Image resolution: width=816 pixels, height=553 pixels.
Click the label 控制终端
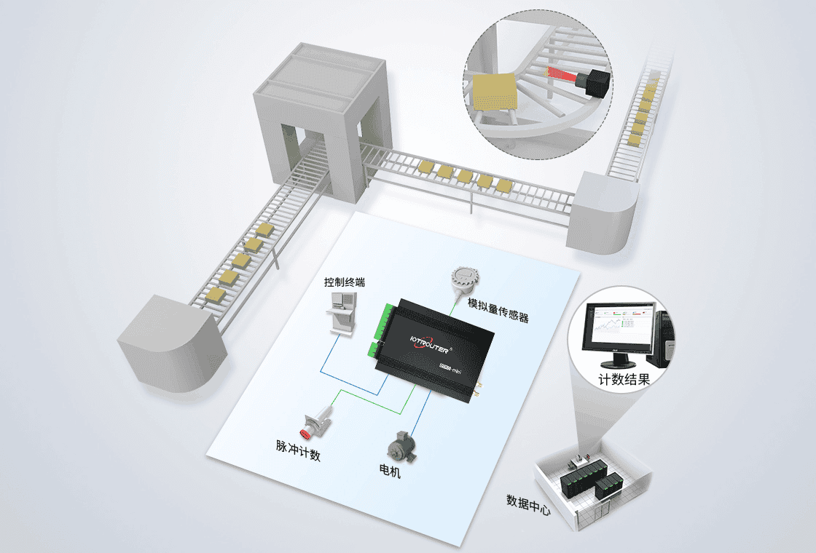coord(345,282)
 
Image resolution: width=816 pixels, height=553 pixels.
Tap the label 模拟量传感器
coord(498,310)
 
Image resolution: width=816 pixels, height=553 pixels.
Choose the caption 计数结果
coord(624,379)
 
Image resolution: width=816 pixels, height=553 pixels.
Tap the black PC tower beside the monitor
coord(665,338)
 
